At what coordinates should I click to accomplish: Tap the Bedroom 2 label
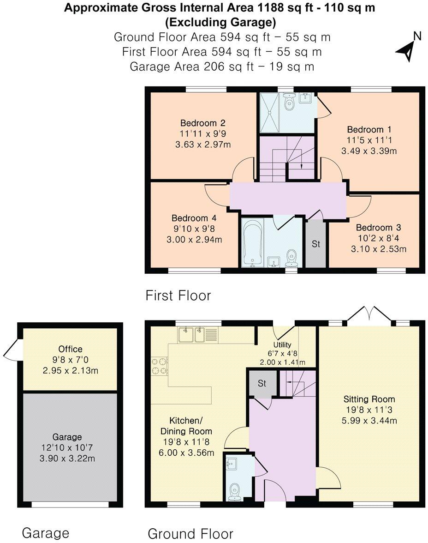pyautogui.click(x=202, y=123)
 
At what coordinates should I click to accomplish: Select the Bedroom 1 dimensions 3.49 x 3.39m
pyautogui.click(x=369, y=151)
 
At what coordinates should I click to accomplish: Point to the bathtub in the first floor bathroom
pyautogui.click(x=253, y=243)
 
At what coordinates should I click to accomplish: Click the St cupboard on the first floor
pyautogui.click(x=315, y=244)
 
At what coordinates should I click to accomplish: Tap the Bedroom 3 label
pyautogui.click(x=378, y=228)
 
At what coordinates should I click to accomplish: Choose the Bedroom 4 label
pyautogui.click(x=194, y=218)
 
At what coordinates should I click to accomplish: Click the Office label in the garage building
pyautogui.click(x=71, y=349)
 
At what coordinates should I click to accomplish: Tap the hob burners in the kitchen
pyautogui.click(x=158, y=366)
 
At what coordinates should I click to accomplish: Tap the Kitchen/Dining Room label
pyautogui.click(x=191, y=426)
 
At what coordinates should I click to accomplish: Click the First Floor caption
pyautogui.click(x=178, y=296)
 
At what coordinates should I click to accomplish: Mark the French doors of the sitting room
pyautogui.click(x=369, y=315)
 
